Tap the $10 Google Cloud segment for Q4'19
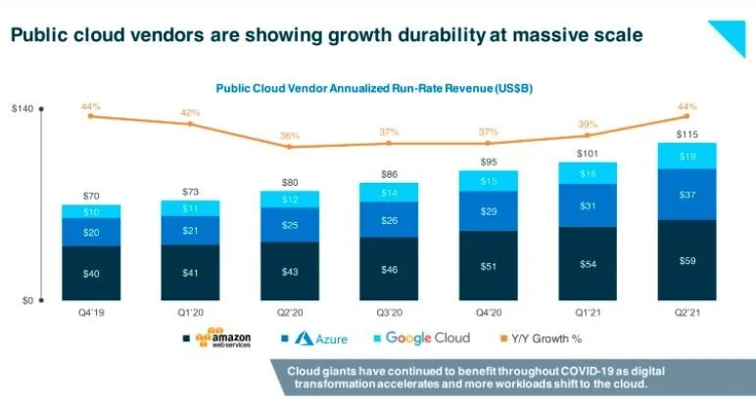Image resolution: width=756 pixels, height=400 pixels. [x=91, y=211]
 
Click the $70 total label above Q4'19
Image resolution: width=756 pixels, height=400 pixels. [x=91, y=195]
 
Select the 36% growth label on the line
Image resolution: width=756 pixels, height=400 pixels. [x=290, y=136]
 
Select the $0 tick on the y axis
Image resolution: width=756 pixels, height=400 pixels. [x=28, y=300]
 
